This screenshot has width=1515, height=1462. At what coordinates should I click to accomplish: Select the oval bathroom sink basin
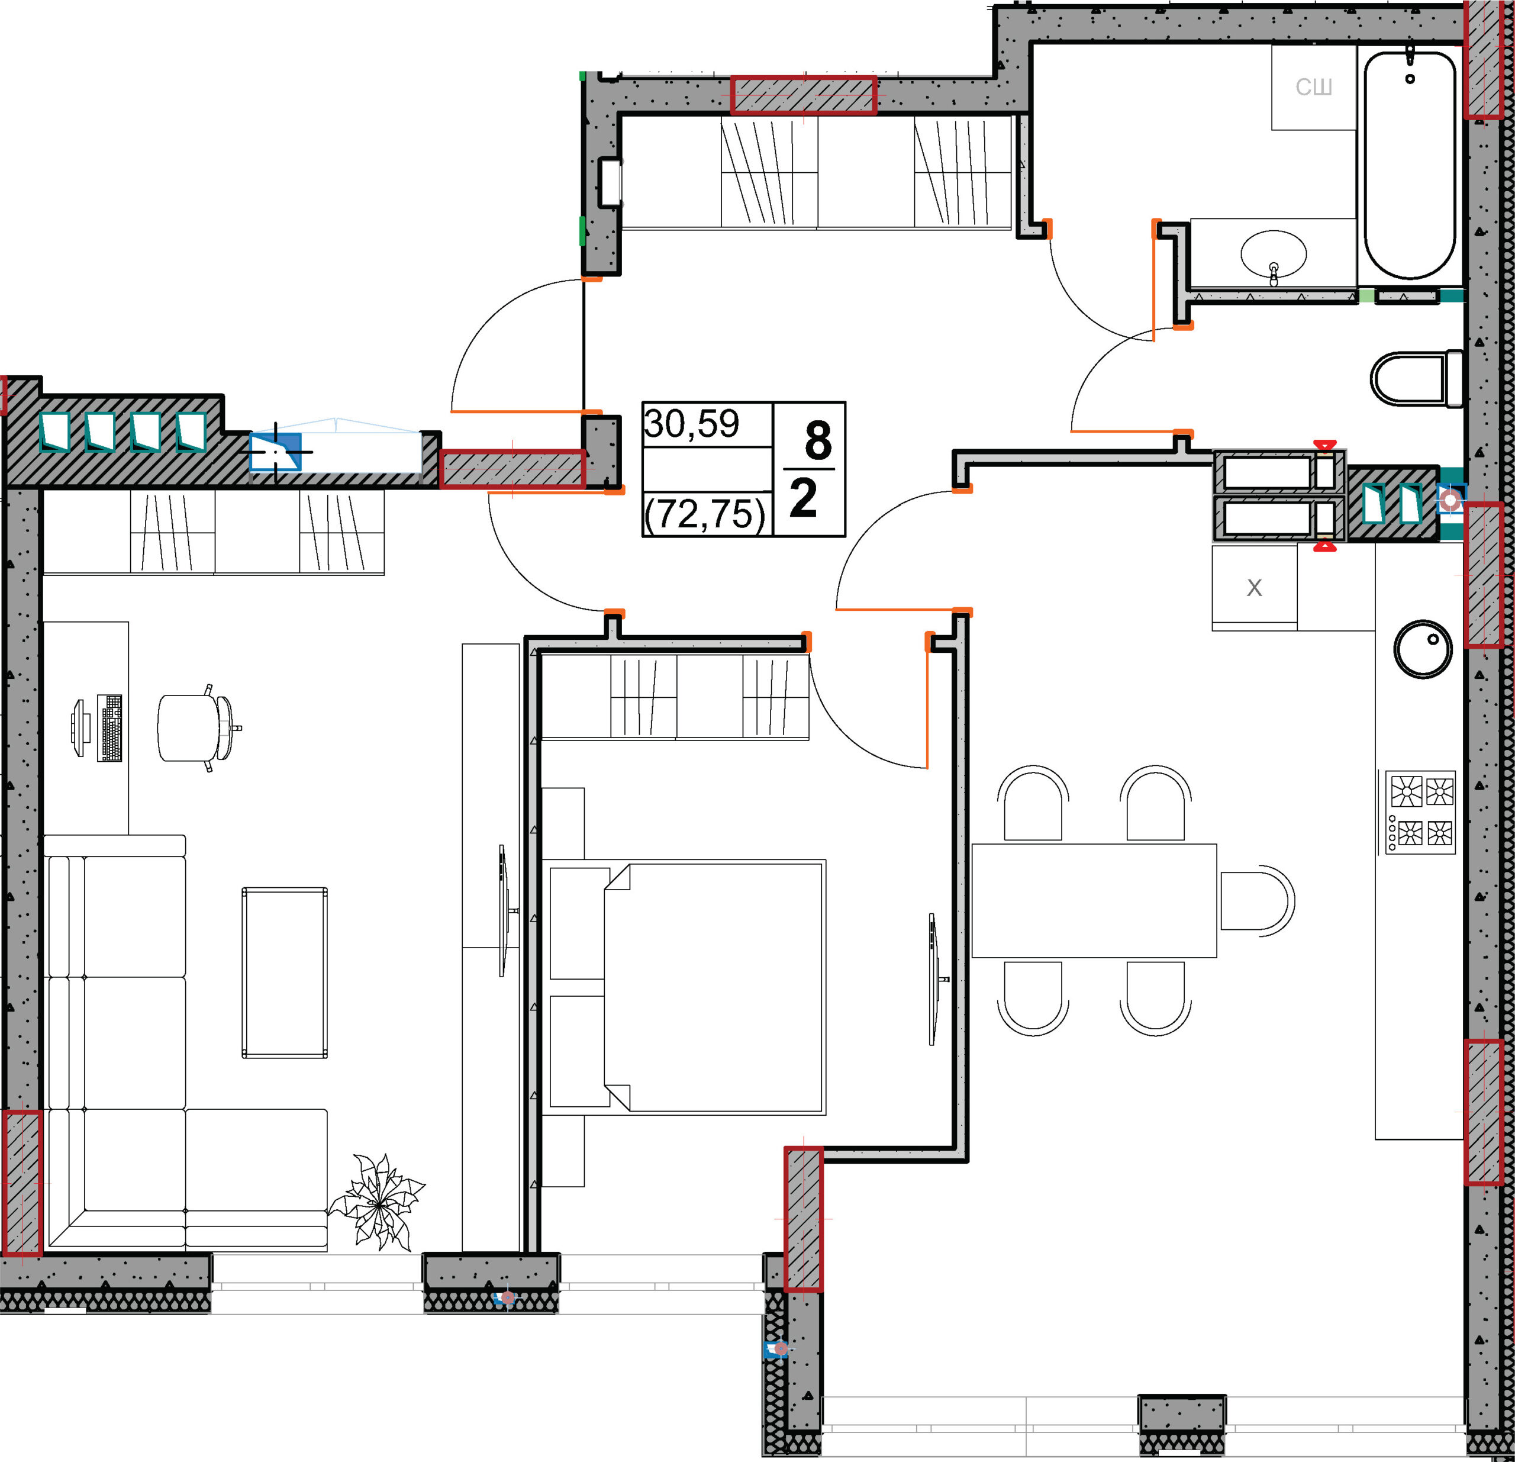tap(1273, 253)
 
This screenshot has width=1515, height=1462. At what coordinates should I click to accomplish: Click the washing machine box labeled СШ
tap(1314, 86)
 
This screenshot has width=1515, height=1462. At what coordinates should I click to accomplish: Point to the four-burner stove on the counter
tap(1419, 811)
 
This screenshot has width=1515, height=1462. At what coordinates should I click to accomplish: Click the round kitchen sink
tap(1422, 649)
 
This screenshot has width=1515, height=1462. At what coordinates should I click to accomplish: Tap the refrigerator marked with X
tap(1254, 588)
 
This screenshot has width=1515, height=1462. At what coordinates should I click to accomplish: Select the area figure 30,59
tap(691, 424)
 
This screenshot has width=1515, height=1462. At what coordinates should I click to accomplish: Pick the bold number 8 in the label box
tap(817, 441)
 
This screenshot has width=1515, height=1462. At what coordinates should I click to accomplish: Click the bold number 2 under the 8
tap(803, 498)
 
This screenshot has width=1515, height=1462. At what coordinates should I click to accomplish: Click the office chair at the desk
tap(198, 727)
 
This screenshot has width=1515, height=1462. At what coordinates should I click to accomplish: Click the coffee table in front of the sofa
tap(285, 972)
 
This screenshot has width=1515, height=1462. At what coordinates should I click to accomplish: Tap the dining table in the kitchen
tap(1094, 901)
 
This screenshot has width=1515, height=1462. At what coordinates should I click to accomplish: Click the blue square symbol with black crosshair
tap(276, 452)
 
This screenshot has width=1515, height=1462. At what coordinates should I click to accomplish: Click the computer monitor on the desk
tap(80, 727)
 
